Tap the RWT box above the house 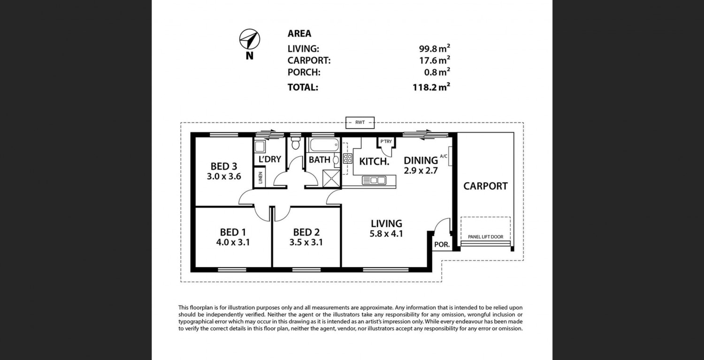click(x=360, y=123)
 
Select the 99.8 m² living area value click(x=435, y=48)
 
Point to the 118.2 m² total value click(x=431, y=87)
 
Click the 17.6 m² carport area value click(x=435, y=60)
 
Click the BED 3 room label click(x=224, y=166)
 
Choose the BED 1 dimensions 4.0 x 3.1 click(x=233, y=242)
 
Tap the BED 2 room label click(x=306, y=232)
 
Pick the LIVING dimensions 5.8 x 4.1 click(x=386, y=234)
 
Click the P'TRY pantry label click(x=386, y=141)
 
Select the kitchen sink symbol click(x=374, y=181)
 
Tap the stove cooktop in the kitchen click(x=348, y=159)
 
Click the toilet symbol click(x=295, y=144)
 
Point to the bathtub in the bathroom click(x=324, y=145)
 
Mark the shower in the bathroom click(x=331, y=178)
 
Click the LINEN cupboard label click(x=260, y=178)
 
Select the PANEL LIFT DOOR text click(x=486, y=237)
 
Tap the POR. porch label click(x=442, y=244)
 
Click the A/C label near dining click(x=444, y=156)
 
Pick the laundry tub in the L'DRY click(x=260, y=146)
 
